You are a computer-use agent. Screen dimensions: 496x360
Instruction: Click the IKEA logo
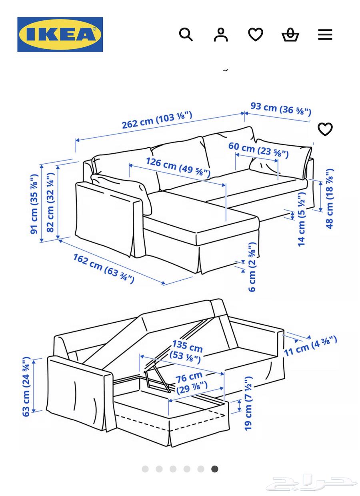60,34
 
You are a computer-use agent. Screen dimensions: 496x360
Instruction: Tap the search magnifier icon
186,34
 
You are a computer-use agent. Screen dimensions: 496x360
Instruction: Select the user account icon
220,34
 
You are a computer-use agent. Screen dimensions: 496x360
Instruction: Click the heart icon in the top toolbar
255,34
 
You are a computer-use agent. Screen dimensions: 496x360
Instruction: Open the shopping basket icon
290,35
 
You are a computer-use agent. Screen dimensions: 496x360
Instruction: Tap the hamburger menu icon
325,34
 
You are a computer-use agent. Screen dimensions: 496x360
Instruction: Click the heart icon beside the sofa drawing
325,129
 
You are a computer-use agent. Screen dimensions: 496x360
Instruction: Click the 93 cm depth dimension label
281,108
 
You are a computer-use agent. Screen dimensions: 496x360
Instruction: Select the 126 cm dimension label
178,167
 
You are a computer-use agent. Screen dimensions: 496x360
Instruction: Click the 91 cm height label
35,204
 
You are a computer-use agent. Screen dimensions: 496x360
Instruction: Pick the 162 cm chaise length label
103,268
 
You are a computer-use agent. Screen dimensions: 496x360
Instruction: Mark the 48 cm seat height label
330,199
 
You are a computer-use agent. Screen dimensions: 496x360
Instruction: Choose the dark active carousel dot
215,469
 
